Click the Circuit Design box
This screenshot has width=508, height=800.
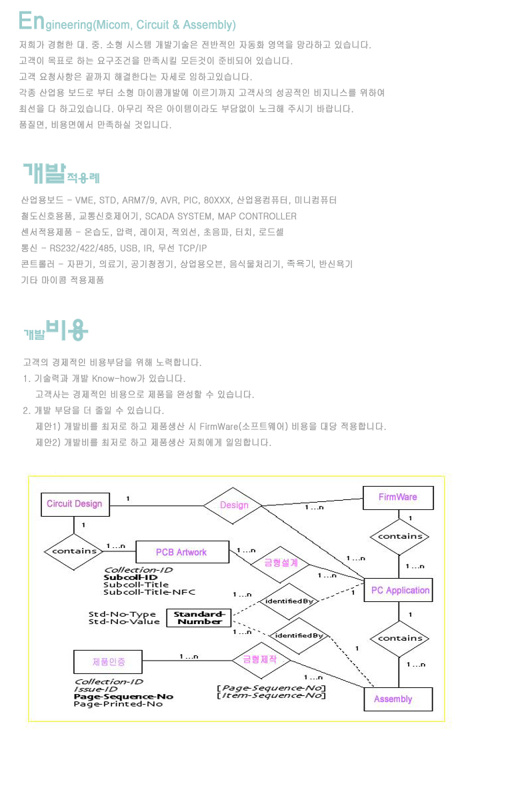click(75, 504)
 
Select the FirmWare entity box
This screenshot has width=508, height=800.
click(398, 497)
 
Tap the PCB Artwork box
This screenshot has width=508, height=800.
click(182, 552)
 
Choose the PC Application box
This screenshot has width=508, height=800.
click(398, 590)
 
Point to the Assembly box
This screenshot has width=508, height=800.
click(398, 699)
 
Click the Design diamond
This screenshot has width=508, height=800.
click(233, 505)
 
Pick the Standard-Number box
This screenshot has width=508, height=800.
click(199, 618)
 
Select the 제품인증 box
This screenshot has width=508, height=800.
click(108, 662)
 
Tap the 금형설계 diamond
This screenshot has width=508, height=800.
click(281, 564)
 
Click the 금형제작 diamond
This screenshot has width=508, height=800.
click(261, 660)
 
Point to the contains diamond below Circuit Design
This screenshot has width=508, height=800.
click(74, 551)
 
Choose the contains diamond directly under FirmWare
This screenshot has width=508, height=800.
click(399, 537)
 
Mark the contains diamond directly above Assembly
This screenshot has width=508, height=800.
click(399, 639)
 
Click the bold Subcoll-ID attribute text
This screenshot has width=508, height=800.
click(131, 577)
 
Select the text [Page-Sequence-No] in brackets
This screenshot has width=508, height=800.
click(271, 688)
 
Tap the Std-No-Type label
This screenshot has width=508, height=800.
click(122, 614)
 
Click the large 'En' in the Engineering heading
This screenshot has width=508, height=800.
click(31, 21)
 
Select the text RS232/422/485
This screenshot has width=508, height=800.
click(82, 248)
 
